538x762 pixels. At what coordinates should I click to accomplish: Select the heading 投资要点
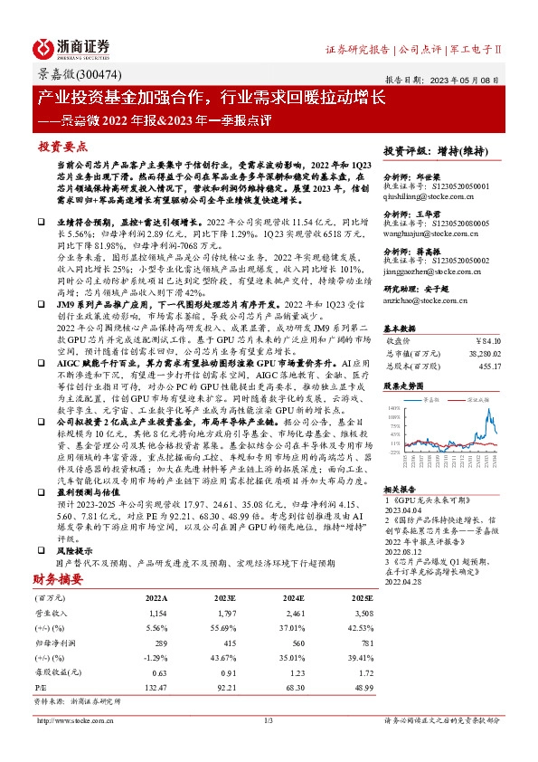click(x=62, y=145)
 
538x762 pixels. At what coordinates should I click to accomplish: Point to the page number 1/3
click(x=269, y=719)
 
